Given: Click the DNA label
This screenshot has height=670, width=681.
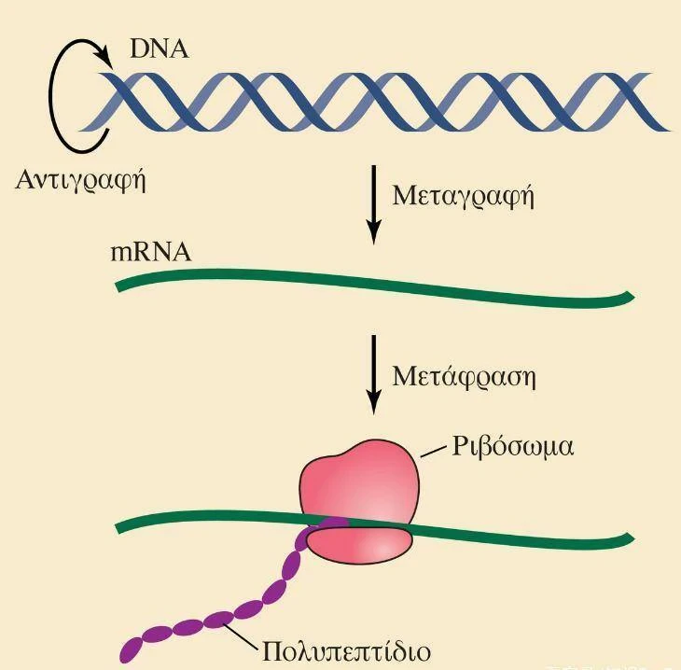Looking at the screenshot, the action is pos(160,49).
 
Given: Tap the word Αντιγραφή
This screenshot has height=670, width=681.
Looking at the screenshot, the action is pos(80,180).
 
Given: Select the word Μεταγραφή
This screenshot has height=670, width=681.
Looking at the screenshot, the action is pos(463,196).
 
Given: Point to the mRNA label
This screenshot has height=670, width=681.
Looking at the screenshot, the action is pos(151,252).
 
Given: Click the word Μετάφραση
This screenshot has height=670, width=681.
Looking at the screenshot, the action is pos(464,376).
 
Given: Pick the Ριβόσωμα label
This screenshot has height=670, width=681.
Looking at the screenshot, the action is pos(513,446).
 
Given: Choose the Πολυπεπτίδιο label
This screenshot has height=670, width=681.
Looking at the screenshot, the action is pos(347,652).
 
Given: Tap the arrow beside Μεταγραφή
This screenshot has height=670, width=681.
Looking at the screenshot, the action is pos(373,205).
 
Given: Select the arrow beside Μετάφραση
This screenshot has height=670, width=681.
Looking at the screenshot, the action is pos(373,374).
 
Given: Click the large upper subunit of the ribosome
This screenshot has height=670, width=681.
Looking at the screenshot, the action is pos(359,482).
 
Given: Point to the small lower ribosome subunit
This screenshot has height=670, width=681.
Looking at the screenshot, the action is pos(359,545).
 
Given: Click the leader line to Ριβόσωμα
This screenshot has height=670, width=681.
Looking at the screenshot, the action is pos(434,452).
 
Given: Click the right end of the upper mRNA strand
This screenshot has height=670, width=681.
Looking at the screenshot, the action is pos(631,296).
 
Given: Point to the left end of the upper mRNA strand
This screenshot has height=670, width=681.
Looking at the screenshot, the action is pos(118,287).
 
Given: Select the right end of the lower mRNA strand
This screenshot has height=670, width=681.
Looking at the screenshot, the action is pos(631,537).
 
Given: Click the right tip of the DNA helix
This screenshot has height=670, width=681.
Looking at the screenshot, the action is pos(668,130).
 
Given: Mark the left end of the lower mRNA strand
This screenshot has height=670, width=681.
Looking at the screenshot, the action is pos(118,528).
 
